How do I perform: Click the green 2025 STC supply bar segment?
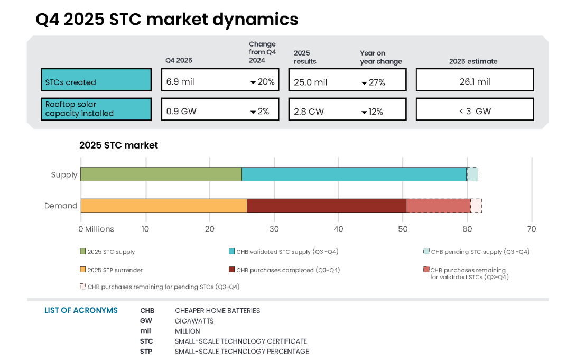tap(161, 174)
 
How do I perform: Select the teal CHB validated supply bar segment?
tap(354, 174)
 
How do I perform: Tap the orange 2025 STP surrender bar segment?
tap(163, 206)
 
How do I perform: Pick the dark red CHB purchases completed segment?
tap(326, 206)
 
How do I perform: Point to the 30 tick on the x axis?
tap(274, 229)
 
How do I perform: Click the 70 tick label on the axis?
tap(532, 229)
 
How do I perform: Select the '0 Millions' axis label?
tap(96, 229)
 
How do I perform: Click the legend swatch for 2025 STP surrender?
tap(83, 270)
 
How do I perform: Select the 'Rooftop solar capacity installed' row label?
tap(96, 109)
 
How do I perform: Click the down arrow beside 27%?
tap(364, 83)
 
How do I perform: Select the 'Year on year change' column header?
tap(380, 57)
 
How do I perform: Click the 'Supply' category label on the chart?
tap(64, 175)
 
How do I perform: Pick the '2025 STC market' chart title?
tap(118, 145)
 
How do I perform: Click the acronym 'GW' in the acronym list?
tap(146, 321)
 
